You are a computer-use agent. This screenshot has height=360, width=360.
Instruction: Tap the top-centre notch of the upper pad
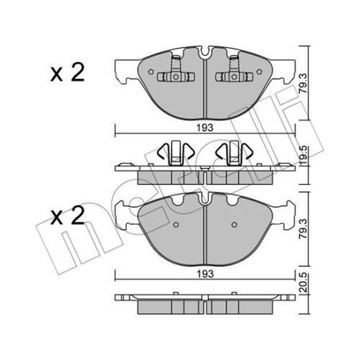tap(205, 55)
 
